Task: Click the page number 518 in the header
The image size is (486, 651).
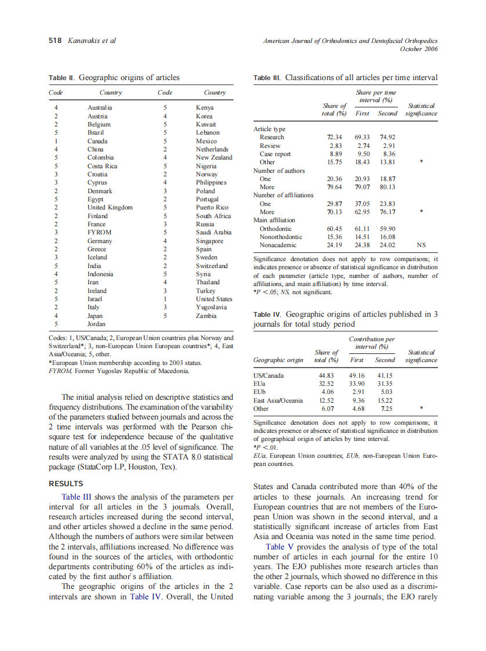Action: tap(55, 41)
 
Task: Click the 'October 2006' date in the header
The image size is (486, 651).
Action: tap(419, 49)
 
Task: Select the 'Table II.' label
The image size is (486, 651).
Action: tap(63, 78)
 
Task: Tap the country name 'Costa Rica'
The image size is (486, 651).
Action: tap(103, 166)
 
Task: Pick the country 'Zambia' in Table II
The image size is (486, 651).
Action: tap(206, 316)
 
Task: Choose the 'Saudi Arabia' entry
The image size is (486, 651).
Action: tap(214, 232)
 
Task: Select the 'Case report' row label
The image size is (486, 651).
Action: tap(275, 154)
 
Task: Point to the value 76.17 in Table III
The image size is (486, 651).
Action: tap(387, 212)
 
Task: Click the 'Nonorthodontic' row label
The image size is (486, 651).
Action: tap(281, 237)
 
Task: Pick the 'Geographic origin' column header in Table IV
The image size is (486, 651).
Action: tap(278, 360)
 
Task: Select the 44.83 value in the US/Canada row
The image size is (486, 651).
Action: tap(327, 375)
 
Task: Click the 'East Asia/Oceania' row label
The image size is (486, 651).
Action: tap(278, 400)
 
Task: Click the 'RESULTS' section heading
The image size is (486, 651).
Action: tap(66, 483)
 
